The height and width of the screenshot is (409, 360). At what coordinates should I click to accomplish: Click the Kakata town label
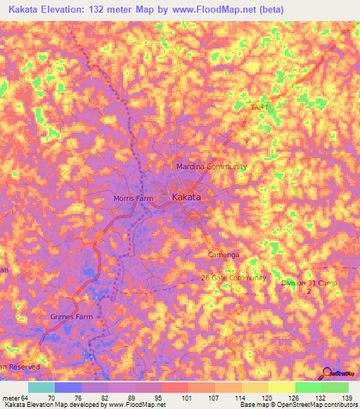[187, 197]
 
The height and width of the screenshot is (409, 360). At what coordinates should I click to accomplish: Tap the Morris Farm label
[133, 198]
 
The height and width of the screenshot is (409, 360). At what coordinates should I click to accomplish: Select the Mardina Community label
[211, 167]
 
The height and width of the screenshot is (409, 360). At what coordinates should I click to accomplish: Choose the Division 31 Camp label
[309, 283]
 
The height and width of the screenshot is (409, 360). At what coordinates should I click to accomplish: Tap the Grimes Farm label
[71, 317]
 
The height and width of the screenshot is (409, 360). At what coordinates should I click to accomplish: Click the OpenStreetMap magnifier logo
[328, 372]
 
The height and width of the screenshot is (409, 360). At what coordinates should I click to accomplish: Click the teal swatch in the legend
[41, 387]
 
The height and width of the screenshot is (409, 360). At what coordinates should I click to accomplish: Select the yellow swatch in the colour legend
[282, 387]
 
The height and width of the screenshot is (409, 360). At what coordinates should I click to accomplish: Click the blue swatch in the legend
[68, 387]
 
